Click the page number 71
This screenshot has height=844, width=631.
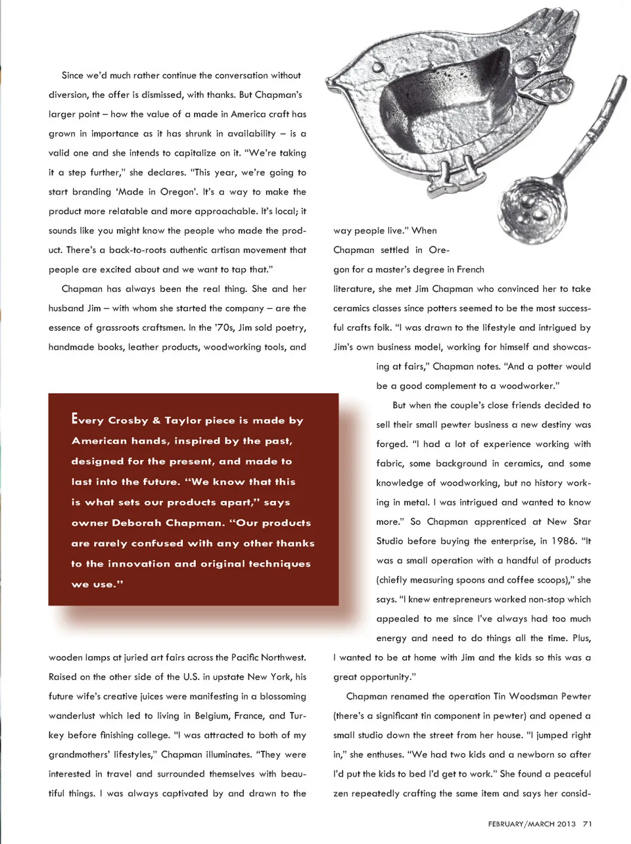point(588,824)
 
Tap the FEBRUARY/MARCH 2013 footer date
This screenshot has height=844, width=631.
point(532,824)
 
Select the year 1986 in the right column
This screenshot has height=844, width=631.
point(563,541)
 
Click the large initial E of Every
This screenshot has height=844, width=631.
point(76,418)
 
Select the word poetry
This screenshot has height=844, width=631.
point(291,327)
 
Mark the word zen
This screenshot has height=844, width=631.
point(340,793)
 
